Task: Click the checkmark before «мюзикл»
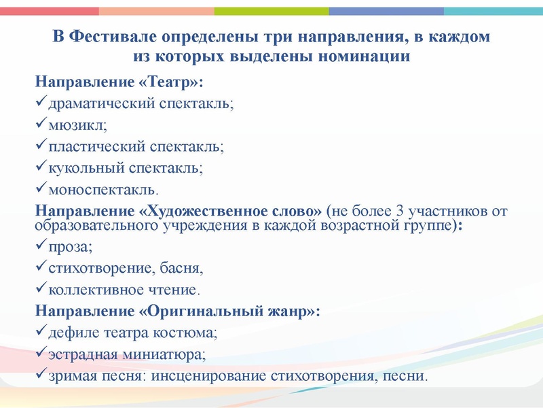tap(40, 124)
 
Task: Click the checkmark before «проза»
tap(40, 247)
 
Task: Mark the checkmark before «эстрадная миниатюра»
tap(40, 354)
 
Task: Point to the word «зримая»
tap(73, 376)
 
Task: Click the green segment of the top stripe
tap(271, 11)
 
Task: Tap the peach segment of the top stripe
tap(156, 11)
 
